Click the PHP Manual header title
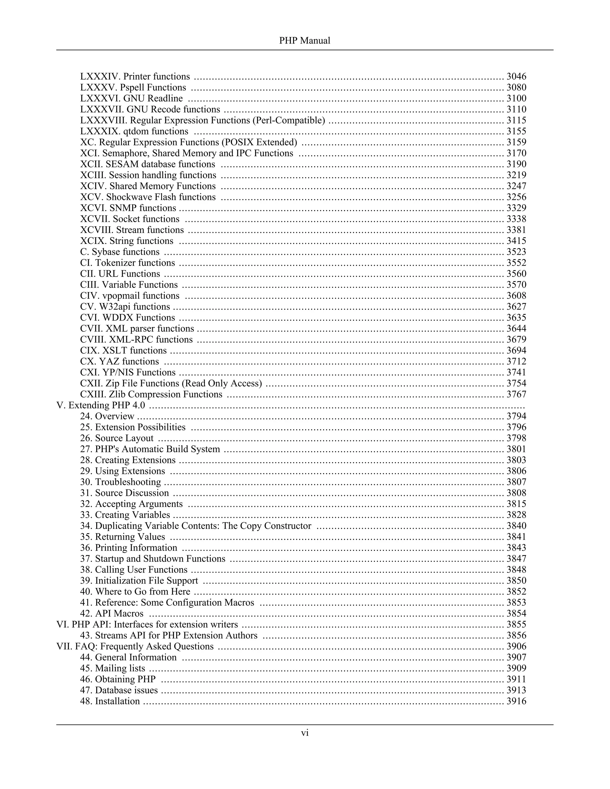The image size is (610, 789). tap(305, 40)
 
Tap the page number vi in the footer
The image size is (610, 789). tap(305, 733)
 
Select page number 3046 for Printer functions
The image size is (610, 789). tap(516, 77)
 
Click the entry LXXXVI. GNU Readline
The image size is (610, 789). tap(132, 98)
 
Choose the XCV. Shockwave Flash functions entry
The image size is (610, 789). tap(148, 197)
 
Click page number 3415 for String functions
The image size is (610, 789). tap(516, 241)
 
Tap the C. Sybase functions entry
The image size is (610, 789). tap(120, 252)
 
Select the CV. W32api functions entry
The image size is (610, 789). tap(125, 307)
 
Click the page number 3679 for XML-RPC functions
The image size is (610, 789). tap(516, 340)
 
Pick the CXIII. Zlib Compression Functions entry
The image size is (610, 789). tap(151, 394)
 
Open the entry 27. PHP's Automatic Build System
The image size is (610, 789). tap(150, 449)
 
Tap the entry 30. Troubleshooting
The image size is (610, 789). tap(121, 482)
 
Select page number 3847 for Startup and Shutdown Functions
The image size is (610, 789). tap(516, 559)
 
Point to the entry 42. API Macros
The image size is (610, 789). tap(112, 613)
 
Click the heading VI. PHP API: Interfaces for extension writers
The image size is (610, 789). tap(147, 624)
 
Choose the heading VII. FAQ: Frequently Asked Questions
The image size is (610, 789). tap(135, 646)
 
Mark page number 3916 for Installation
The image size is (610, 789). tap(516, 701)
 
